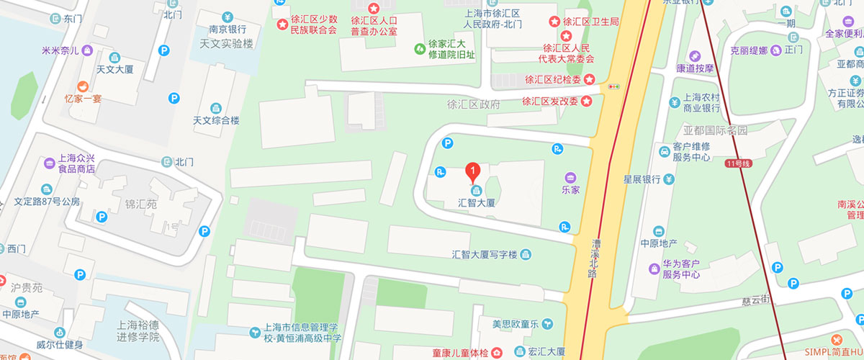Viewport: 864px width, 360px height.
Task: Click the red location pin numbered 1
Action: point(472,171)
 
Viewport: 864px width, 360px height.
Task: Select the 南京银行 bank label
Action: point(228,30)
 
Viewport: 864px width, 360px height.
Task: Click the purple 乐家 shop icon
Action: point(570,177)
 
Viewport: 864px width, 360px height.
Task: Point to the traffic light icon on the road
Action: point(614,86)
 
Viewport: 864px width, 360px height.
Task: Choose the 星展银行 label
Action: point(642,179)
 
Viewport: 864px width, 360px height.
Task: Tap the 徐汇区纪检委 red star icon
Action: point(589,78)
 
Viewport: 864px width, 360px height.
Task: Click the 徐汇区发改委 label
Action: point(549,101)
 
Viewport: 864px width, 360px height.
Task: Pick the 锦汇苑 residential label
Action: point(140,204)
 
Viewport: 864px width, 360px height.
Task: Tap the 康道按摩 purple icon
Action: point(695,56)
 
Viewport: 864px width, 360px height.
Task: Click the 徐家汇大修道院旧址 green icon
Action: point(420,48)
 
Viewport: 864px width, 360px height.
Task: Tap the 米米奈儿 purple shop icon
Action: point(87,50)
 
